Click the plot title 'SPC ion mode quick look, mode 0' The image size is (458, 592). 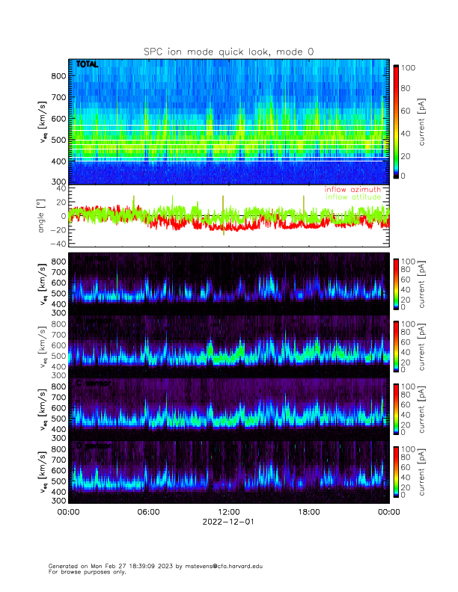click(228, 51)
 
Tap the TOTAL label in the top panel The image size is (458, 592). click(87, 65)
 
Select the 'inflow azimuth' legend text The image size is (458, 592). click(352, 190)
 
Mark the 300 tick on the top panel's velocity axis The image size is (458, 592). click(58, 182)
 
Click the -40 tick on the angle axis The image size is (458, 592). click(56, 244)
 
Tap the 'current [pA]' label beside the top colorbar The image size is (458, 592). click(423, 122)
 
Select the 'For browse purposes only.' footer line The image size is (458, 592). click(84, 572)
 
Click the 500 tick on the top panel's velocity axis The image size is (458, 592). click(58, 140)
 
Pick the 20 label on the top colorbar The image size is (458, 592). click(409, 155)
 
